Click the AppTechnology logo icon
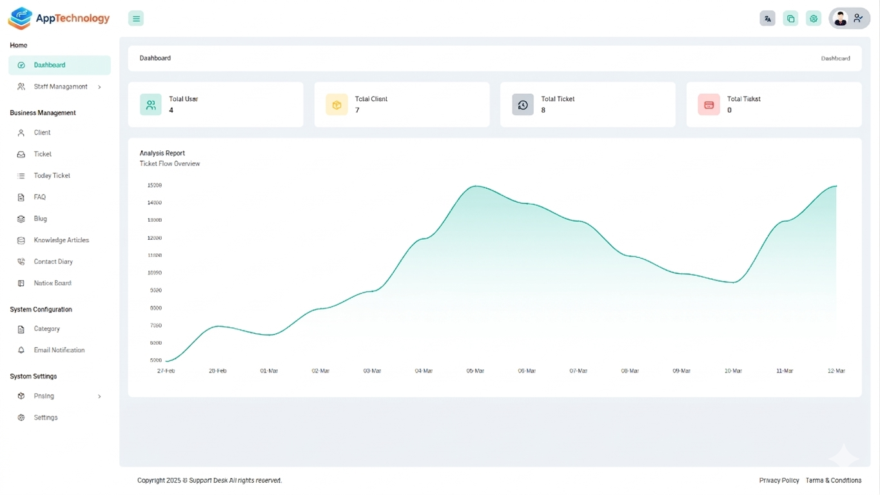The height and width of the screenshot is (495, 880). pos(21,18)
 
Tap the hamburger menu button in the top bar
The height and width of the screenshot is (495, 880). pos(136,19)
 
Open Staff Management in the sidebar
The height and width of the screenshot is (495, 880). pos(60,86)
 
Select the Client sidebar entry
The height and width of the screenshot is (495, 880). pos(42,133)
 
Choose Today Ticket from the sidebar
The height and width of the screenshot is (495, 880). pos(52,176)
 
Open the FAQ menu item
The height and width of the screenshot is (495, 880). pos(39,197)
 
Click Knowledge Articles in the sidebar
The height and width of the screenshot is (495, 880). pos(61,240)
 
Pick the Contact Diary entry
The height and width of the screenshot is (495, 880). pos(53,262)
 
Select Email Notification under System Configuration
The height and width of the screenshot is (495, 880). pos(59,351)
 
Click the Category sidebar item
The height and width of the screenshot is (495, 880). pos(46,329)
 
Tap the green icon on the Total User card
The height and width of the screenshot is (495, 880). pos(151,105)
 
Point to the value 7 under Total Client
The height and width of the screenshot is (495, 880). pos(357,110)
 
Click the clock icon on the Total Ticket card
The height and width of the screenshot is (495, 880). pos(523,105)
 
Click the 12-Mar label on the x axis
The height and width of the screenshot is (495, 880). pos(836,371)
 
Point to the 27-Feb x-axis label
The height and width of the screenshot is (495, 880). pos(166,371)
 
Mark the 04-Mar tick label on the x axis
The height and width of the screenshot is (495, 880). pos(424,371)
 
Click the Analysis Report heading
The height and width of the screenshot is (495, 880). pos(162,153)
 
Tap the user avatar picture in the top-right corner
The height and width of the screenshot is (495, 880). pos(840,19)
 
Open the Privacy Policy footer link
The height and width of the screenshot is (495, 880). pos(779,481)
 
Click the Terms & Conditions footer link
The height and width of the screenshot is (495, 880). pos(833,481)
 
